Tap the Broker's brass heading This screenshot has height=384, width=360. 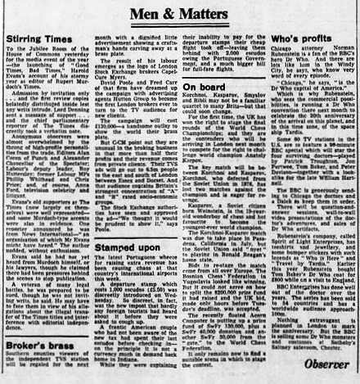tap(36, 325)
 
